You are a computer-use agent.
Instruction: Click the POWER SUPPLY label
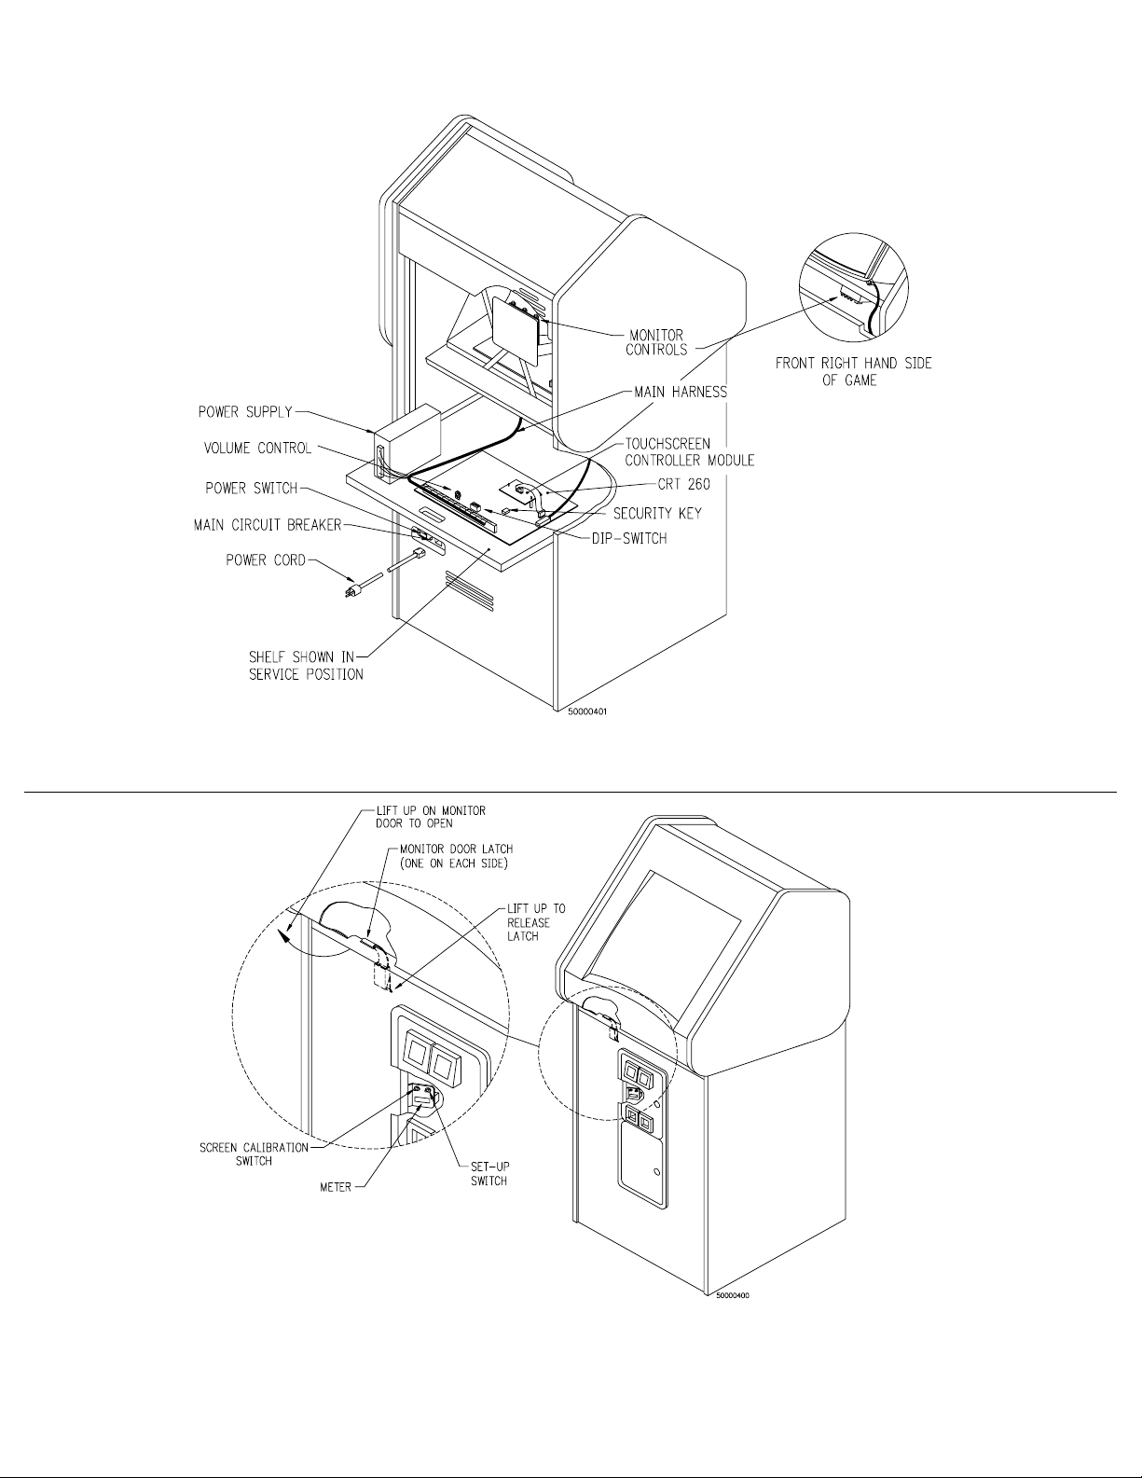[245, 411]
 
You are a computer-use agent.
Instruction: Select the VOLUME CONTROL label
[257, 449]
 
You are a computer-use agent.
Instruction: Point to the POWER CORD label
[266, 560]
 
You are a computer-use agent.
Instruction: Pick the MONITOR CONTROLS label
[655, 342]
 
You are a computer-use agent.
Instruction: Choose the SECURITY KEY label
[657, 513]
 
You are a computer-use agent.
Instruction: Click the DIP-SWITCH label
[630, 538]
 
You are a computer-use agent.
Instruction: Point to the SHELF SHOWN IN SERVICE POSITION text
[306, 665]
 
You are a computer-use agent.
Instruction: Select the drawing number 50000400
[733, 1295]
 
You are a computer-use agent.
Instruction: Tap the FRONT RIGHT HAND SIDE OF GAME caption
[853, 372]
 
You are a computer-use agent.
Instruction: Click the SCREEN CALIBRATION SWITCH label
[254, 1153]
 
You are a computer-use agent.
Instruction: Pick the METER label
[336, 1187]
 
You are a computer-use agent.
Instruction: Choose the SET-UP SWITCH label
[488, 1174]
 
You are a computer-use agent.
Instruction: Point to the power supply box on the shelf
[407, 442]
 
